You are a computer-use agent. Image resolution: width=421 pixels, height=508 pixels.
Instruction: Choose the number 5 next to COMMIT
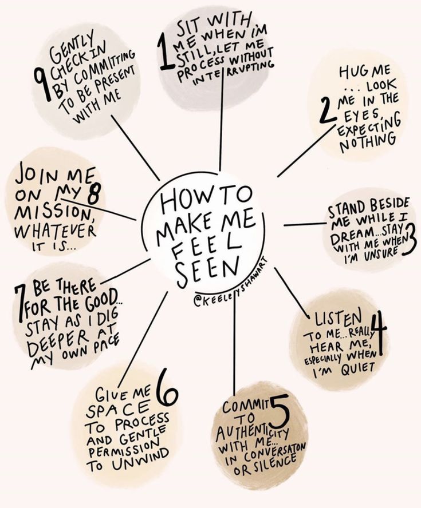click(x=278, y=411)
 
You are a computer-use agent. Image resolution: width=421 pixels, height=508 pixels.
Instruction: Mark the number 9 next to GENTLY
click(x=41, y=80)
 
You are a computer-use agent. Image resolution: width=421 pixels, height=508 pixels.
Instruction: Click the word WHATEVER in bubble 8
click(x=55, y=231)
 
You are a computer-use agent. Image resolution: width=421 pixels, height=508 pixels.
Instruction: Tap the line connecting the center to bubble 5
click(x=234, y=343)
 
